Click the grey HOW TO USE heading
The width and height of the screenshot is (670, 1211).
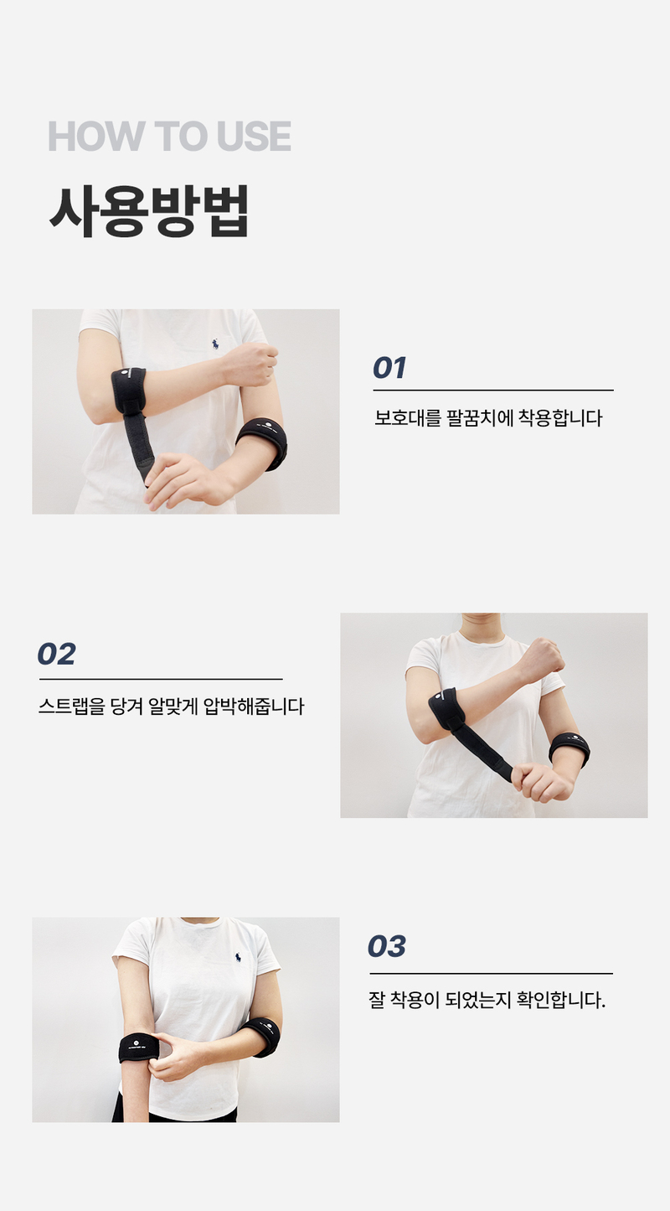point(170,136)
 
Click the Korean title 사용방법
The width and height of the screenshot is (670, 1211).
point(149,211)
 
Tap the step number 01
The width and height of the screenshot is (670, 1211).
point(389,368)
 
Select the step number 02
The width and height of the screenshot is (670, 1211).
point(56,655)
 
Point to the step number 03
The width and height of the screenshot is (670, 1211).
point(386,946)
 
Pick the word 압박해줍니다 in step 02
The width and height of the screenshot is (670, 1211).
point(254,706)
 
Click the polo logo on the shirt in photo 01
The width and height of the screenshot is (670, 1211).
point(215,344)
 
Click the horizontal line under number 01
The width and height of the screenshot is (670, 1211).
point(493,390)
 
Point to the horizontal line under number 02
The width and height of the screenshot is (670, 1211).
point(161,679)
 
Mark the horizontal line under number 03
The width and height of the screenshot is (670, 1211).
point(491,973)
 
